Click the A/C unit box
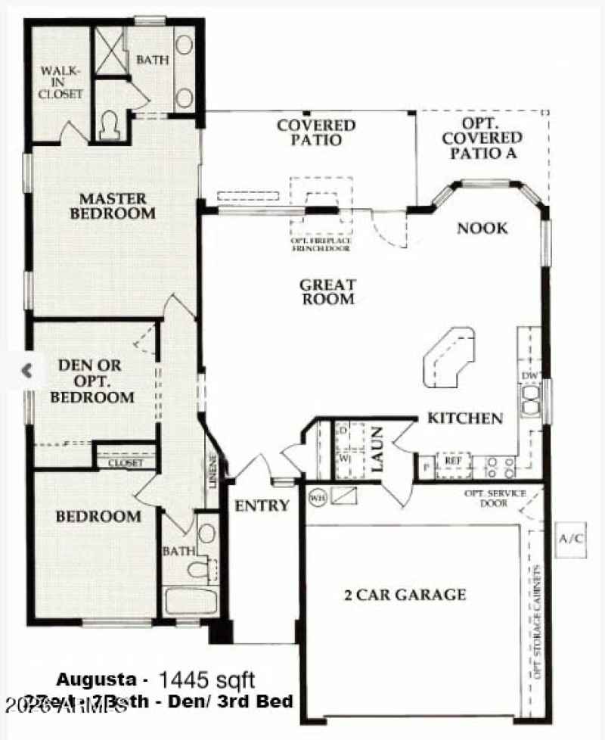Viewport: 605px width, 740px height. point(571,539)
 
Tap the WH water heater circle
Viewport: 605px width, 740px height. point(317,498)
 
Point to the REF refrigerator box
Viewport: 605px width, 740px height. point(453,460)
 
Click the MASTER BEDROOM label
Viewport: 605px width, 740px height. point(113,206)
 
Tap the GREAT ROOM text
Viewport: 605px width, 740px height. point(327,292)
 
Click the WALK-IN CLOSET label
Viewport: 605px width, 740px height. point(60,82)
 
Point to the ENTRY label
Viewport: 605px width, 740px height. point(261,505)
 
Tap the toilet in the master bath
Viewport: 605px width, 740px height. point(110,123)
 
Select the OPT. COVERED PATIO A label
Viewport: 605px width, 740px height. point(482,138)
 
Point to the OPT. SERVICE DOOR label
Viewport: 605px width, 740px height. point(486,499)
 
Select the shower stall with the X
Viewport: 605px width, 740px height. point(107,48)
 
